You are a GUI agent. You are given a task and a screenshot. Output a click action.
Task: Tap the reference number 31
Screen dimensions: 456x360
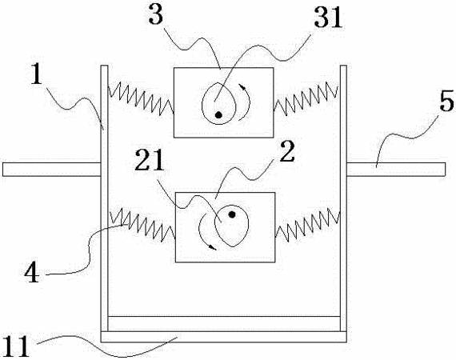pyautogui.click(x=328, y=17)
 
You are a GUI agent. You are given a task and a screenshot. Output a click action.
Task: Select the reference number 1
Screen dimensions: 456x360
pyautogui.click(x=37, y=74)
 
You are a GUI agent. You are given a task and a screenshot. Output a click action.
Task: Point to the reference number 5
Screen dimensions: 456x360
pyautogui.click(x=446, y=100)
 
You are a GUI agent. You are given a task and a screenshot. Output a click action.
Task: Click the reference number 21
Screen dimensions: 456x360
pyautogui.click(x=150, y=160)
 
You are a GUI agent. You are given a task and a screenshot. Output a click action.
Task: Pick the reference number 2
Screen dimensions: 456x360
pyautogui.click(x=287, y=151)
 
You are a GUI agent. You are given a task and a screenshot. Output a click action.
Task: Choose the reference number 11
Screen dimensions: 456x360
pyautogui.click(x=16, y=346)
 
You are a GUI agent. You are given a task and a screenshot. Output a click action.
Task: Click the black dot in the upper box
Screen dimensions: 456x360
pyautogui.click(x=218, y=115)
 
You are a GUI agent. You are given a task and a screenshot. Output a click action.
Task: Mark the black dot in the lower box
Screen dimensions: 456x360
pyautogui.click(x=232, y=214)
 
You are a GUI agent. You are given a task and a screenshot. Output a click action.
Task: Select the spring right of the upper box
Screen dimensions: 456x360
pyautogui.click(x=306, y=98)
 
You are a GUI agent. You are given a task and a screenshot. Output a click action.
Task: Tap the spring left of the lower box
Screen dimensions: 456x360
pyautogui.click(x=142, y=225)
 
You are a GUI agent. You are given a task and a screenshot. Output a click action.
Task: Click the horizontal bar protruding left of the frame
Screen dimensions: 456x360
pyautogui.click(x=52, y=170)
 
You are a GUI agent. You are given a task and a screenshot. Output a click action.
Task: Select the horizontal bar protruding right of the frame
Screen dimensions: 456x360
pyautogui.click(x=396, y=170)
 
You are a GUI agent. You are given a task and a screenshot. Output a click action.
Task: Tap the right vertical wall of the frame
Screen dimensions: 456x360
pyautogui.click(x=343, y=198)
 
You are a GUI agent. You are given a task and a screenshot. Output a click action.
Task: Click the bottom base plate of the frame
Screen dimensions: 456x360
pyautogui.click(x=224, y=337)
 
